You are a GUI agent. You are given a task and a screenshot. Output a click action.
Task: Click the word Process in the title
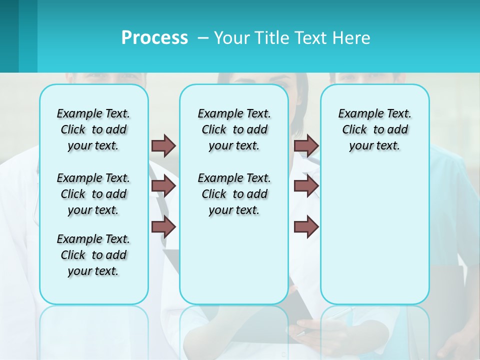point(154,37)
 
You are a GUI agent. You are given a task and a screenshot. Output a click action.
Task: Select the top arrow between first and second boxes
point(163,145)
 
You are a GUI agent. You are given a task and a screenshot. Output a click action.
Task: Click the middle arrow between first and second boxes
point(163,186)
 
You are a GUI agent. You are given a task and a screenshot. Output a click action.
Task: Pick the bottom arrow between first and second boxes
point(163,227)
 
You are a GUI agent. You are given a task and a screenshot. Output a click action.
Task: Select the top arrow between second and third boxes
point(306,145)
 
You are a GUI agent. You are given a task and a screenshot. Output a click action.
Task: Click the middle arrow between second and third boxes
point(306,186)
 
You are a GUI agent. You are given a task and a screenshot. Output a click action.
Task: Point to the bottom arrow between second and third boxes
point(306,227)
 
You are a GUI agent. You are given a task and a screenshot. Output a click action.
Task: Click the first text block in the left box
point(93,129)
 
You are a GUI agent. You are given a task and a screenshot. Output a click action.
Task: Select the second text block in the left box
point(93,194)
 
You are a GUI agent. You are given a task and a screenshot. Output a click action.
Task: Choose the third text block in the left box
point(93,255)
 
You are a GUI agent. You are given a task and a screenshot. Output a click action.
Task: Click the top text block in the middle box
point(234,129)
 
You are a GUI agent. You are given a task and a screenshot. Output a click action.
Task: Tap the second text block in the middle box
point(234,194)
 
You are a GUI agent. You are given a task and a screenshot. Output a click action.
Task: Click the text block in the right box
point(374,129)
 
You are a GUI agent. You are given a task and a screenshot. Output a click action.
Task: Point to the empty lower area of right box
point(374,235)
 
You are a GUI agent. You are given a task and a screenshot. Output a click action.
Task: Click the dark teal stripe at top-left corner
point(9,36)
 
